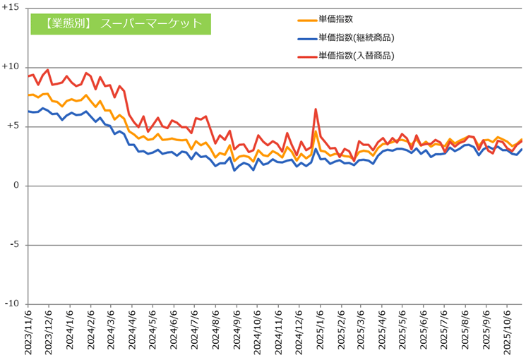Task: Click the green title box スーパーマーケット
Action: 121,23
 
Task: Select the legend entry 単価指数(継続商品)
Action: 355,37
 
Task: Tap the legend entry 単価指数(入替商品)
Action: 355,55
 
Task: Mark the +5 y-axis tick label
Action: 13,126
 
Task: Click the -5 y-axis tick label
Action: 13,245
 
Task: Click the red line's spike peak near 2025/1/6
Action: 316,109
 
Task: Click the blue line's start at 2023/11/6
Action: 29,111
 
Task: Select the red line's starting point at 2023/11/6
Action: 29,76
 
